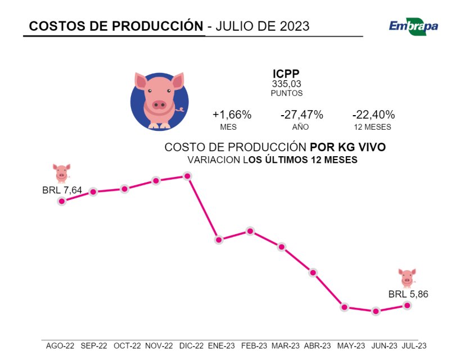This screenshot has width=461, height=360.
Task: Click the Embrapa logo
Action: pos(413,25)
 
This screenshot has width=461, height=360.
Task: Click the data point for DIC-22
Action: pos(188,176)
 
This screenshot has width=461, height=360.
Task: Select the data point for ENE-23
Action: pos(219,240)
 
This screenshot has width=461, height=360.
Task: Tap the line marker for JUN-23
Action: pos(376,311)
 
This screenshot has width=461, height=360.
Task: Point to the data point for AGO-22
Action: pos(62,201)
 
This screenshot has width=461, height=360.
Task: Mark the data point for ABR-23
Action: pos(313,272)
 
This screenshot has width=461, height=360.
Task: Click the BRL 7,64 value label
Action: pos(62,190)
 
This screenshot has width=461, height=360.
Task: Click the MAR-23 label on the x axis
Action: pos(286,346)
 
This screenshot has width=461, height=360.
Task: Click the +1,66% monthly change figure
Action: pos(232,115)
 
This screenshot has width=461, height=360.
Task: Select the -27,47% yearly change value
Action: pos(301,115)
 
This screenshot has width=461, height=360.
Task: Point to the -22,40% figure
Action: pos(373,115)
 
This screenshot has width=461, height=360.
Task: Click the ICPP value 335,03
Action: pos(286,84)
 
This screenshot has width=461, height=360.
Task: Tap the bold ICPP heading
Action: pos(286,74)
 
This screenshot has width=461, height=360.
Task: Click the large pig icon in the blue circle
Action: pos(159,100)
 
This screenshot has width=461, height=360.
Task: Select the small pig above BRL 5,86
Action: pos(407,277)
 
